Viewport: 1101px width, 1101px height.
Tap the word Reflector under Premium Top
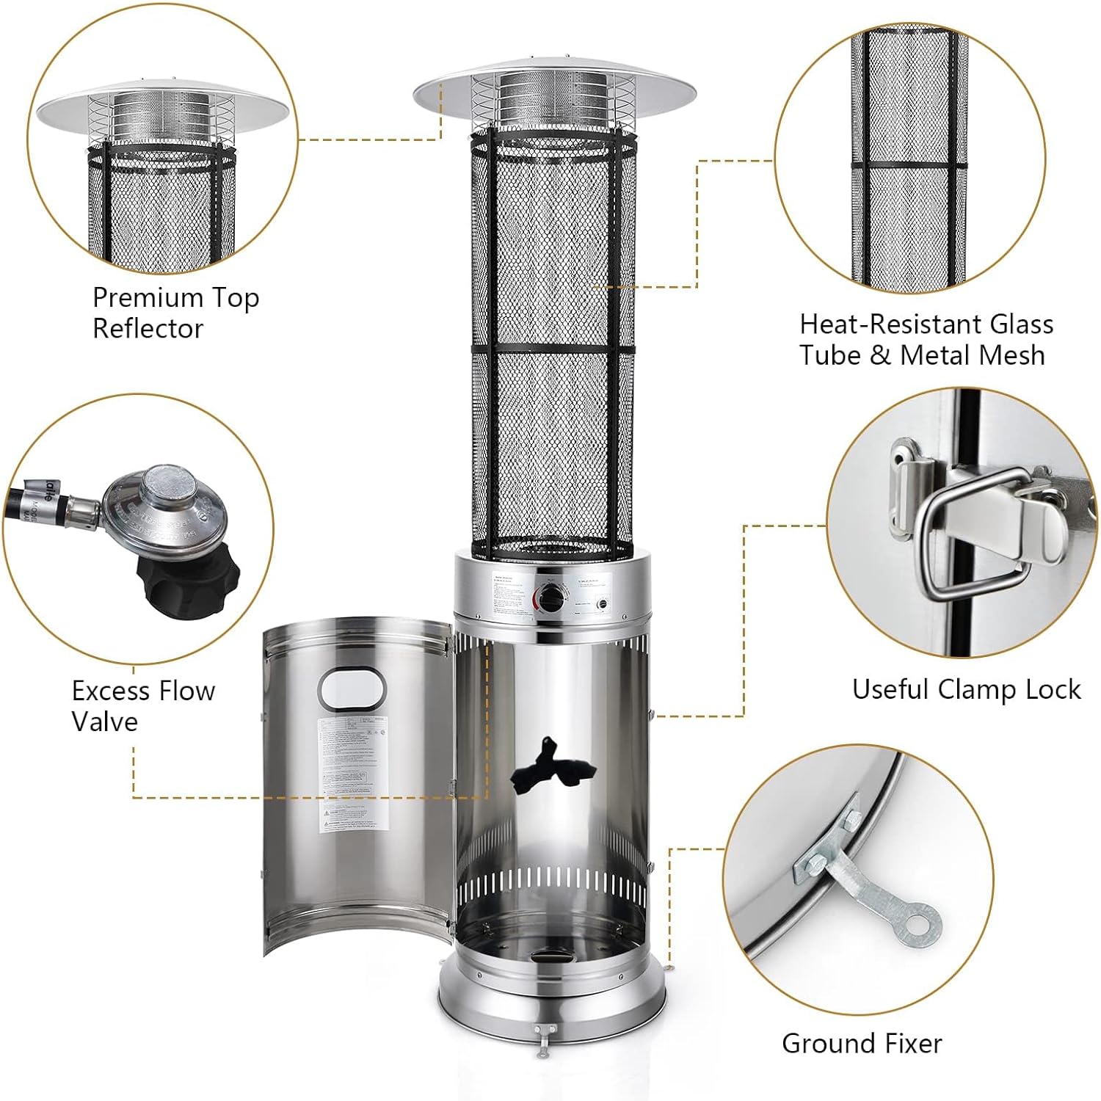coord(148,329)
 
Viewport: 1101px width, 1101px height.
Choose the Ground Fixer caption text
coord(862,1043)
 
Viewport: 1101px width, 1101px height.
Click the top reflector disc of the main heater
coord(554,87)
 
